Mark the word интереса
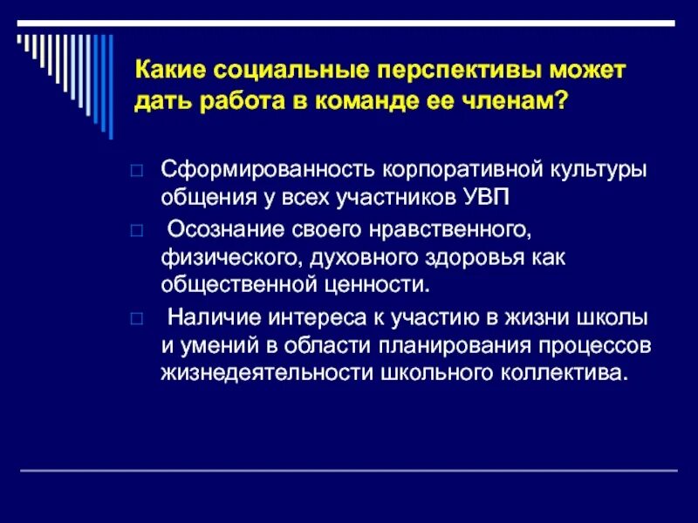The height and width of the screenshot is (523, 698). (297, 317)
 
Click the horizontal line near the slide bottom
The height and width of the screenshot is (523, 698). (349, 471)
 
